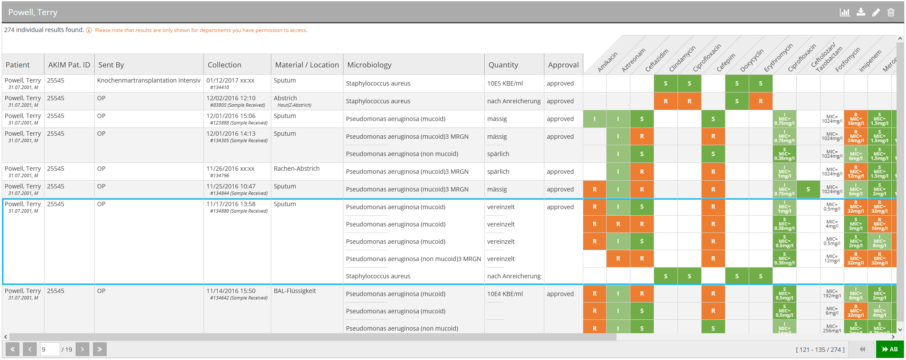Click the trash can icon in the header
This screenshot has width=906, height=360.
tap(891, 13)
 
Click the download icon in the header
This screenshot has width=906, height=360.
tap(861, 13)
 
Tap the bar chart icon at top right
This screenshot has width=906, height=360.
tap(845, 13)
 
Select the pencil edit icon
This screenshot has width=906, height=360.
tap(876, 13)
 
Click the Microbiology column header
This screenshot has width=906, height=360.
tap(369, 65)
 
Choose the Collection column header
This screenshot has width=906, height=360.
tap(224, 65)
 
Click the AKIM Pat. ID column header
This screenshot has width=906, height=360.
tap(69, 65)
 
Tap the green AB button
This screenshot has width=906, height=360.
tap(890, 349)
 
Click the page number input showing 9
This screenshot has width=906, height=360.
tap(49, 349)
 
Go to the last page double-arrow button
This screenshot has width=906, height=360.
tap(99, 349)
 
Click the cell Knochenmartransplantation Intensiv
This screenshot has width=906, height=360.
tap(149, 80)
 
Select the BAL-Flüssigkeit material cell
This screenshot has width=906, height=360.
tap(295, 291)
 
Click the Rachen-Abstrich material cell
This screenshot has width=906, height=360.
tap(296, 169)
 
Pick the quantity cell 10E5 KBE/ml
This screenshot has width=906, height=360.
tap(505, 83)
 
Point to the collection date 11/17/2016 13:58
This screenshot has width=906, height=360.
tap(231, 204)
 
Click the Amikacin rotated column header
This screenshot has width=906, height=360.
tap(607, 62)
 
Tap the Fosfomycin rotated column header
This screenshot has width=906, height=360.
tap(847, 60)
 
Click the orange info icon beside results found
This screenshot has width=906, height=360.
tap(89, 30)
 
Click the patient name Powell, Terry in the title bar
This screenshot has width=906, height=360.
tap(33, 13)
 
